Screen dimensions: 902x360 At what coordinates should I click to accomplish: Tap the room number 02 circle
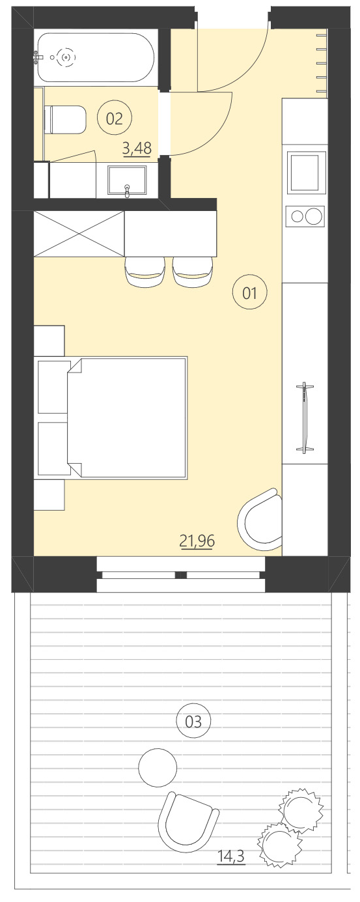114,118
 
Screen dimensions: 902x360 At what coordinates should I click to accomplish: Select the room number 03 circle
193,721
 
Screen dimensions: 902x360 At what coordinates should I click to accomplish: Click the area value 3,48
137,148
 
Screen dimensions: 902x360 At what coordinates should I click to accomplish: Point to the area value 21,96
197,540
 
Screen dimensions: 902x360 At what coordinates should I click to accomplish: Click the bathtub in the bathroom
95,57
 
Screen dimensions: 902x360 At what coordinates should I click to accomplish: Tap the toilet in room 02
65,120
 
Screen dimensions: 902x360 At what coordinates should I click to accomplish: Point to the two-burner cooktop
305,216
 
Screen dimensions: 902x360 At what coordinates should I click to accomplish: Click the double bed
128,417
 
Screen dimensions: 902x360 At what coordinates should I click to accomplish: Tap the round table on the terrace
158,768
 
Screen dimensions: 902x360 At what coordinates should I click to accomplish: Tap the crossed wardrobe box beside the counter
79,234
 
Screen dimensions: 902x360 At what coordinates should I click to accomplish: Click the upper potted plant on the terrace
301,809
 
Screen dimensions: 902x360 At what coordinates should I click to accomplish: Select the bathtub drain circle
66,57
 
